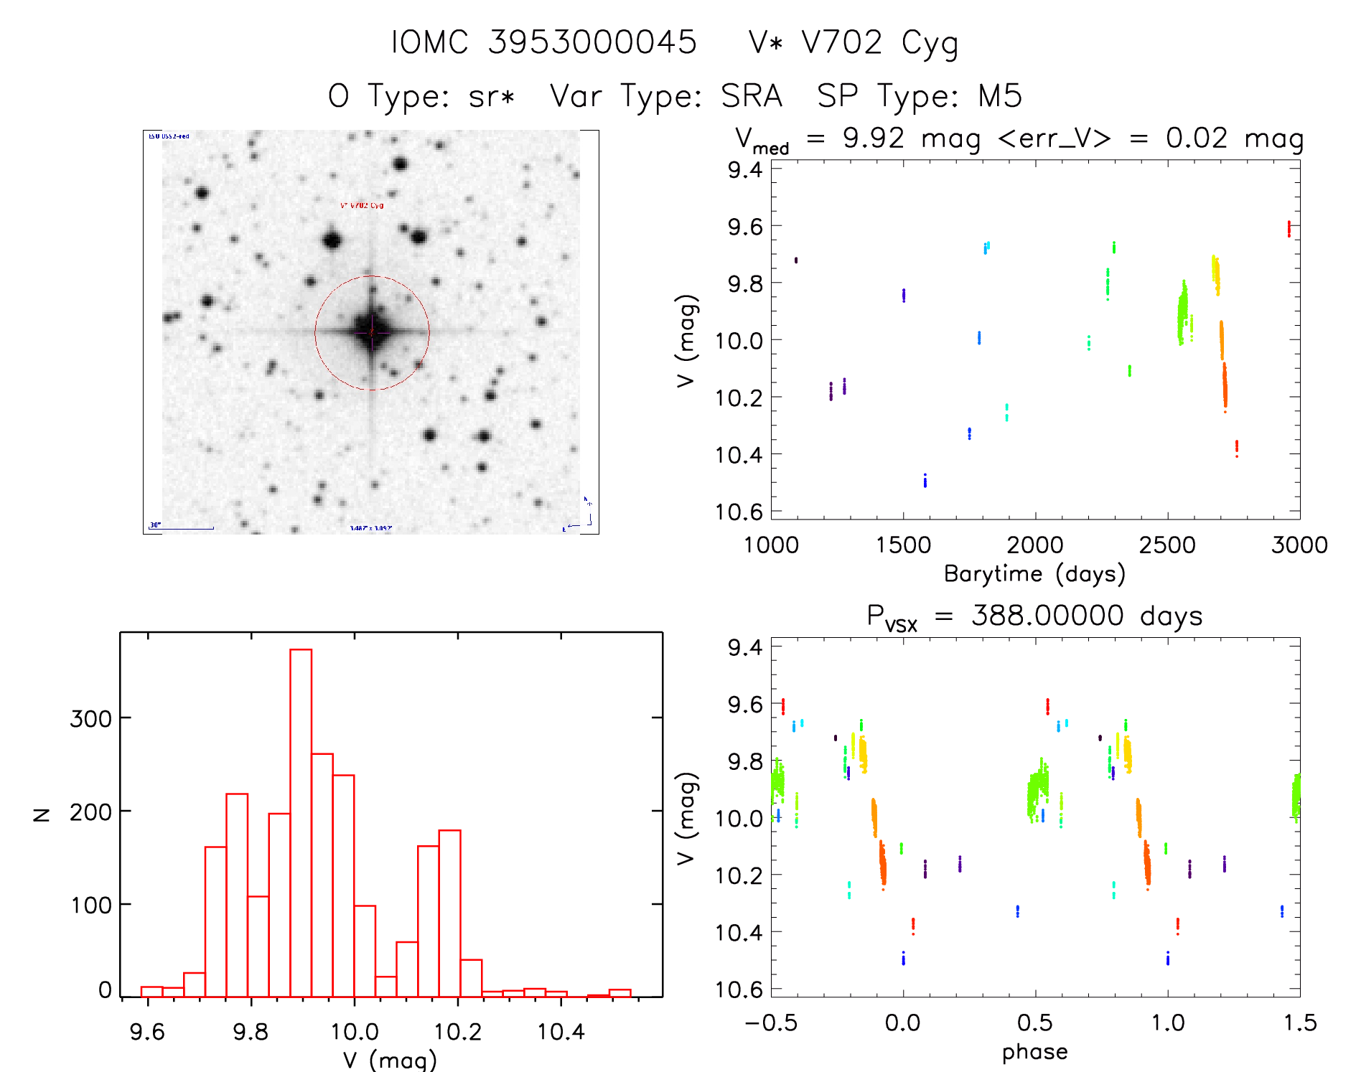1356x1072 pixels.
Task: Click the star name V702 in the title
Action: [x=841, y=42]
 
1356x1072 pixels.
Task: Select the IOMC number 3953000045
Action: [x=592, y=42]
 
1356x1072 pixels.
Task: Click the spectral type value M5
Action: [x=1000, y=96]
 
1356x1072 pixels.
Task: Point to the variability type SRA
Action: [x=751, y=96]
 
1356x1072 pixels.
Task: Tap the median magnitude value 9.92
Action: [x=873, y=138]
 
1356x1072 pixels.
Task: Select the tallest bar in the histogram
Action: [x=301, y=822]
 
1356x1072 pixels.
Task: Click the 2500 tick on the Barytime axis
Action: [x=1167, y=545]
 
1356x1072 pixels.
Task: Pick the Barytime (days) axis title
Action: [x=1034, y=574]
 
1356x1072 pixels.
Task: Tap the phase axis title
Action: [x=1034, y=1052]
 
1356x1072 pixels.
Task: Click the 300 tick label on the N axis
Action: [x=90, y=718]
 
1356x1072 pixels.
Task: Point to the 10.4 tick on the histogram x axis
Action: [x=561, y=1032]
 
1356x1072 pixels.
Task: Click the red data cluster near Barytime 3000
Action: [x=1289, y=229]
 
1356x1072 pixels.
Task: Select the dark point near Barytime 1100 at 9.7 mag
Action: [x=796, y=260]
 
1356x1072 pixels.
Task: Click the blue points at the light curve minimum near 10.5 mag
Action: [x=925, y=480]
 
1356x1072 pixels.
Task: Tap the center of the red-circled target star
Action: [x=372, y=332]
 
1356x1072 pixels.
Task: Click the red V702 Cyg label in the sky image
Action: [x=362, y=205]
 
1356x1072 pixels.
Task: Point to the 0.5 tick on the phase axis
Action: [x=1035, y=1022]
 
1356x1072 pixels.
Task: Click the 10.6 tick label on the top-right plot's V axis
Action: [x=739, y=512]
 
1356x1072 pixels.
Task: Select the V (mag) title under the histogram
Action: [x=390, y=1060]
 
